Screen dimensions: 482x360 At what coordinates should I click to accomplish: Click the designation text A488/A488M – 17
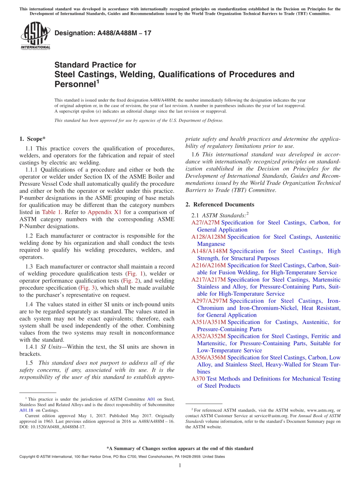[x=103, y=33]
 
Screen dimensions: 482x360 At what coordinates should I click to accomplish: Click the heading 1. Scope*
[x=33, y=139]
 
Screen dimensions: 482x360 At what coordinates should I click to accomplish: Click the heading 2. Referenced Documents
[x=220, y=205]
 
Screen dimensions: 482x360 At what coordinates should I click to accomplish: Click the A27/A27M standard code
[x=205, y=223]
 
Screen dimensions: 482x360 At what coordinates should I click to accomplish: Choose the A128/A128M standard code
[x=208, y=237]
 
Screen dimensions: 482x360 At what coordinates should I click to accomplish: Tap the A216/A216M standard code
[x=208, y=265]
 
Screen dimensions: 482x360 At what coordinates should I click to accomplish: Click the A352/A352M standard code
[x=208, y=336]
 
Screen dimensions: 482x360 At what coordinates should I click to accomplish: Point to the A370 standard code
[x=198, y=379]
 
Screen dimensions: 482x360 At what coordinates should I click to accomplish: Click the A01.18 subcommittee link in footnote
[x=26, y=410]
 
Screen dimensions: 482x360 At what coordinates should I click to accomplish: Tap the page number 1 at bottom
[x=180, y=465]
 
